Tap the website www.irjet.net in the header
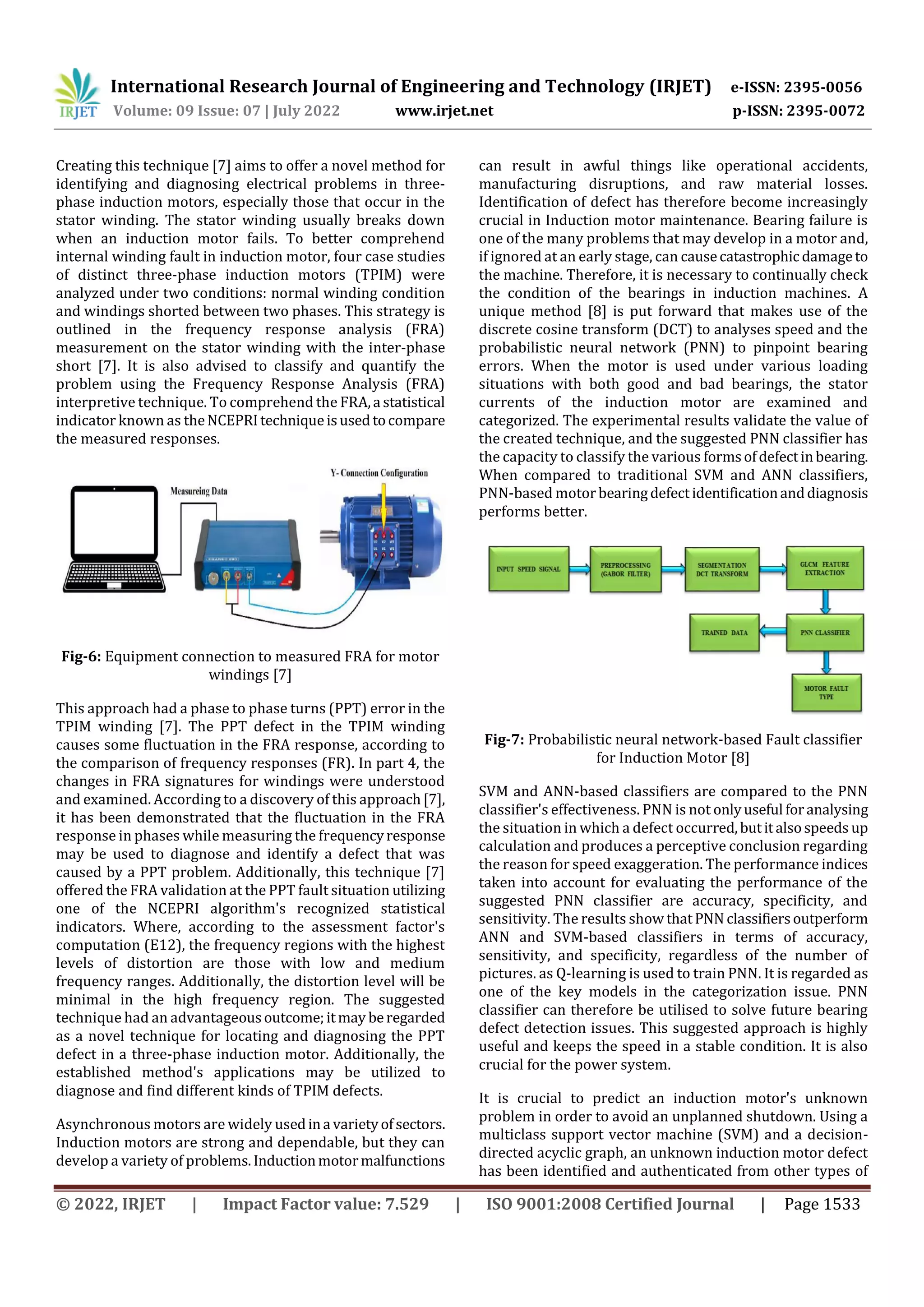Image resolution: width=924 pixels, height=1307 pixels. [444, 111]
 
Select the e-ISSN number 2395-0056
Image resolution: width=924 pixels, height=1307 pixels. [822, 87]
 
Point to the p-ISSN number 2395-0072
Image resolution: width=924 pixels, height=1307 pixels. [826, 111]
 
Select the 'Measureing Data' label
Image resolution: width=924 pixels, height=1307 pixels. [199, 491]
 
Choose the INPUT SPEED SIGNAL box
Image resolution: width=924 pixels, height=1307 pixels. [528, 568]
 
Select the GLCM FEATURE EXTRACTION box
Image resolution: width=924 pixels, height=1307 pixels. [824, 568]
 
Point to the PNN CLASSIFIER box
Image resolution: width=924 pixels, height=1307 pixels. [824, 633]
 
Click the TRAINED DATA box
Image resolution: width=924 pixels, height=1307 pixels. [724, 633]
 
